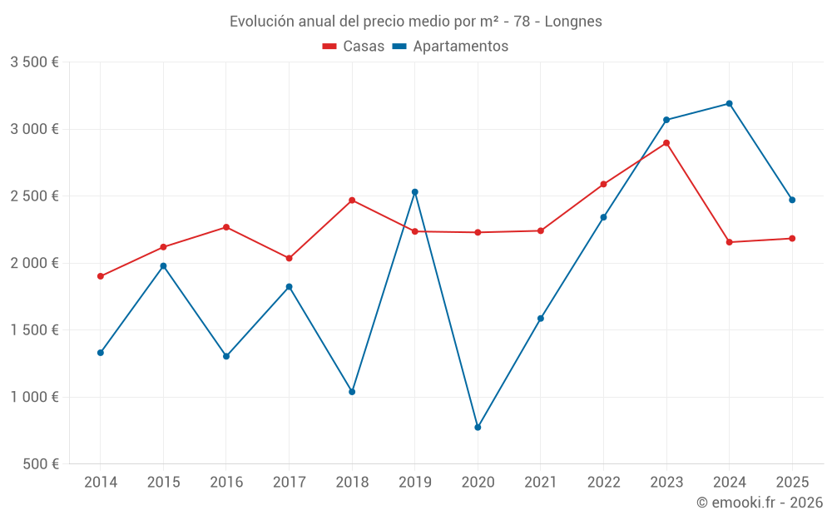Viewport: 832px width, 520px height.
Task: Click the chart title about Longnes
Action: point(415,21)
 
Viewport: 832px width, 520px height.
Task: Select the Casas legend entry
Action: point(354,47)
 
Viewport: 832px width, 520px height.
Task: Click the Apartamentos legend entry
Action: point(450,47)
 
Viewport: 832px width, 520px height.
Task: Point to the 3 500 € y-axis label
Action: point(34,62)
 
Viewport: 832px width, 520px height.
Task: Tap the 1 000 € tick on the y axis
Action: point(34,397)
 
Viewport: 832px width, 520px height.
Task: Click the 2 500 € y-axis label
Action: point(34,196)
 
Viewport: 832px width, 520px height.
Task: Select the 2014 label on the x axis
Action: point(101,482)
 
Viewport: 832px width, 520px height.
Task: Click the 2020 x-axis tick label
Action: point(478,482)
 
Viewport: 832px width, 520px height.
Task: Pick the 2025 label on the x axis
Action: point(792,482)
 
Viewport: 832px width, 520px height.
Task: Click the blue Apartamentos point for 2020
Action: point(478,428)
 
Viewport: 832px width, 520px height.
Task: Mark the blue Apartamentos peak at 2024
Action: point(730,104)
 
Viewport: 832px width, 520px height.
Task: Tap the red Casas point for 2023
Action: point(666,143)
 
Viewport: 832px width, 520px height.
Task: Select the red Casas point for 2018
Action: point(352,201)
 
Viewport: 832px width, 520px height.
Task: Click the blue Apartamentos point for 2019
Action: point(415,192)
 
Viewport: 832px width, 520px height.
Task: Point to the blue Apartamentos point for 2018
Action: point(352,392)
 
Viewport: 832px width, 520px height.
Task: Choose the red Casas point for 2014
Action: point(101,276)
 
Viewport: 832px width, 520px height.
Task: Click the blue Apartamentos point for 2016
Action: point(226,356)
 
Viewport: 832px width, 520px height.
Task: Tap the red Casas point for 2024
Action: point(730,242)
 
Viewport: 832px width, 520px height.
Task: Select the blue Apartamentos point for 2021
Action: point(541,319)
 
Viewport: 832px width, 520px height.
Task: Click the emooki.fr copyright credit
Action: point(759,503)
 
